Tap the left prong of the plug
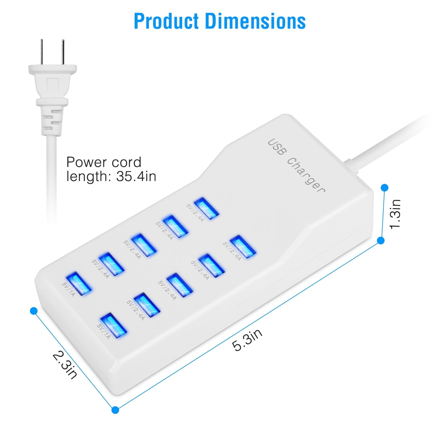[x=43, y=52]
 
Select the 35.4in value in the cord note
[x=136, y=176]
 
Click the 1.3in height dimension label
[x=395, y=214]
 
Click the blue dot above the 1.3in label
[x=384, y=187]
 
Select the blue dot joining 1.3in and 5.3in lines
[x=381, y=241]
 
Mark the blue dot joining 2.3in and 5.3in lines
[x=116, y=410]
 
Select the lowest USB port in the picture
[x=114, y=325]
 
